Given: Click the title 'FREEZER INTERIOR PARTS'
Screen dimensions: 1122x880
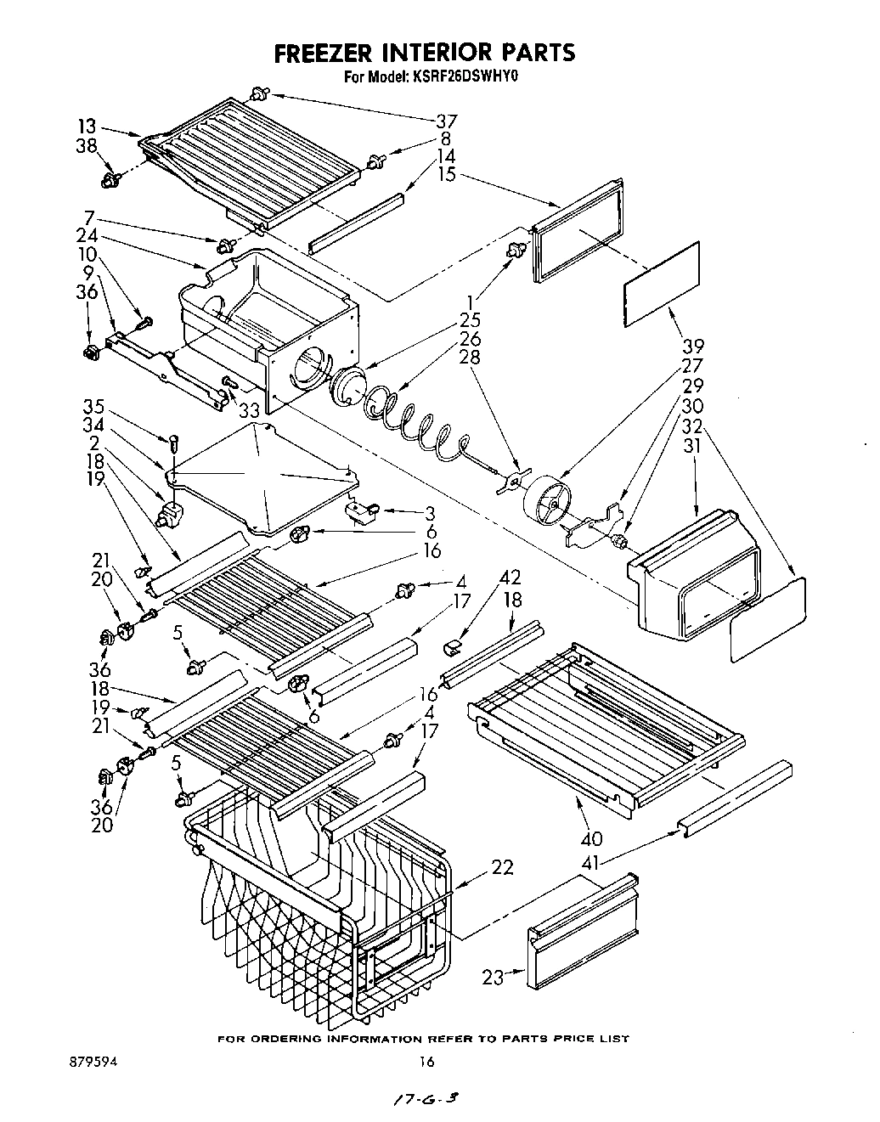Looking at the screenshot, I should [424, 53].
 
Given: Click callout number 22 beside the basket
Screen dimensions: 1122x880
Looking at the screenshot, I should [502, 867].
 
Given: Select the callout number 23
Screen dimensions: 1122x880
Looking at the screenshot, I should [494, 977].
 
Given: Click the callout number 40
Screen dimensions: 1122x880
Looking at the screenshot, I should [591, 839].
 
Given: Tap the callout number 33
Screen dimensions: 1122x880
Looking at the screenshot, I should [249, 410].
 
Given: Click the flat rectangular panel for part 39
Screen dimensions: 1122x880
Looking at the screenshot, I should [663, 283].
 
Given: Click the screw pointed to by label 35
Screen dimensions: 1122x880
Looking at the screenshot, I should [173, 442].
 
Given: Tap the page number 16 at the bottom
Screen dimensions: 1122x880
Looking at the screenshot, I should [426, 1062].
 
